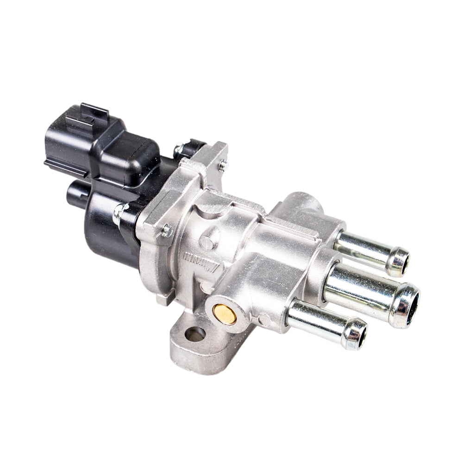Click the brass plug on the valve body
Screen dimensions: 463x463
pyautogui.click(x=225, y=314)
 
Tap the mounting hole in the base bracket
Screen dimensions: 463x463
pyautogui.click(x=195, y=333)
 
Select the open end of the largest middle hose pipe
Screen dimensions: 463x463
pyautogui.click(x=410, y=306)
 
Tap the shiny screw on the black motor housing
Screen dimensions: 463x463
pyautogui.click(x=119, y=213)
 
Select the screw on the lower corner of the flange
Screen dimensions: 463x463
pyautogui.click(x=166, y=230)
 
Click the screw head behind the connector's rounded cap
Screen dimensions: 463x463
pyautogui.click(x=179, y=149)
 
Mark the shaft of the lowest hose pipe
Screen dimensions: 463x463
pyautogui.click(x=315, y=319)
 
